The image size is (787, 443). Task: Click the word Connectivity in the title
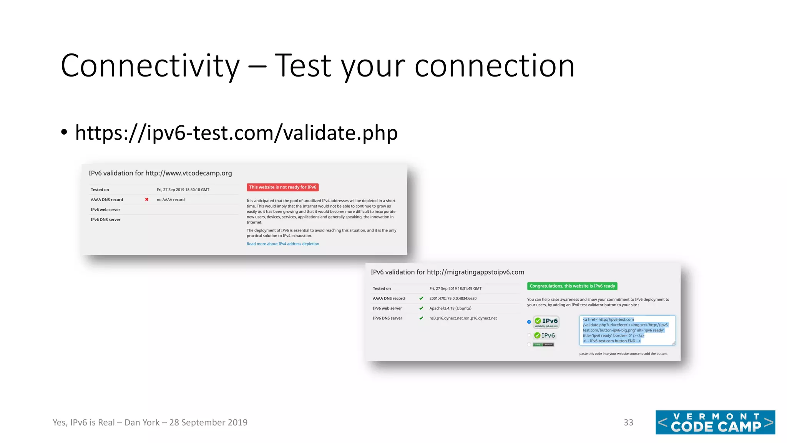click(x=150, y=66)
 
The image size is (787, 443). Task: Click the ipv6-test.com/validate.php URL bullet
click(x=236, y=133)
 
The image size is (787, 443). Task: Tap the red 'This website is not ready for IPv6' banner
click(x=282, y=187)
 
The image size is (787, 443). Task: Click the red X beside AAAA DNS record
click(x=147, y=200)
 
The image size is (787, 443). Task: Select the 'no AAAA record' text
click(x=171, y=200)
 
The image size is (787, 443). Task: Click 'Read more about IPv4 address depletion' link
click(x=283, y=244)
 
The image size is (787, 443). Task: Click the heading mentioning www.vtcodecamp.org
click(x=160, y=173)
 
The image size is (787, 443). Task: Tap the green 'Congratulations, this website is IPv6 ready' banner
click(x=572, y=286)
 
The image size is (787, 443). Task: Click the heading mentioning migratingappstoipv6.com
click(x=447, y=272)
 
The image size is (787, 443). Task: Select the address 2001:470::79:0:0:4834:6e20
click(x=453, y=298)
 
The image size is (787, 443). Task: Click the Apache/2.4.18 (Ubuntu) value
click(x=450, y=308)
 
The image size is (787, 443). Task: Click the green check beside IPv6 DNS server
click(x=421, y=318)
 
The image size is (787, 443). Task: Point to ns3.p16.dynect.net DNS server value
click(x=463, y=318)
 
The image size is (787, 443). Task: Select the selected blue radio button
click(x=529, y=322)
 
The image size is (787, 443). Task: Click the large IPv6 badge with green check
click(x=546, y=322)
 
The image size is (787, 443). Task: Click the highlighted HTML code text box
click(x=627, y=330)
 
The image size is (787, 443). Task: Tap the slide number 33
click(x=628, y=422)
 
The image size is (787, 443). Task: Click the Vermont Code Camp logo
click(x=715, y=422)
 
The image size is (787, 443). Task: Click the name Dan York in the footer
click(x=142, y=422)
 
